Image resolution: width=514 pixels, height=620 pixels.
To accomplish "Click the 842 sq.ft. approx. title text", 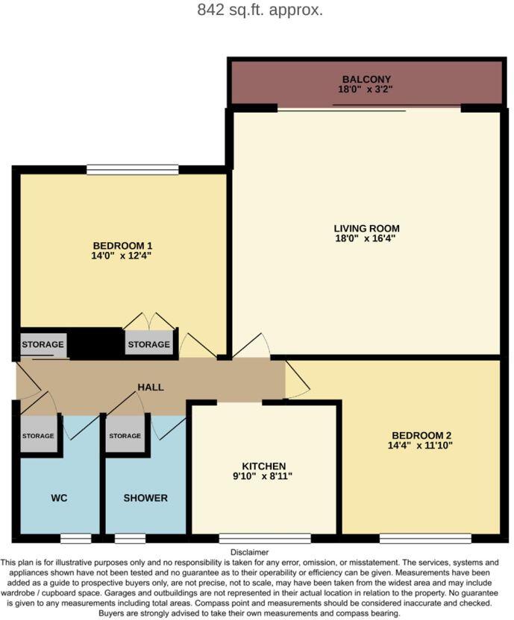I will tap(260, 10).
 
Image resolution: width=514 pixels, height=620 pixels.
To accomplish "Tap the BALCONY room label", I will tap(366, 79).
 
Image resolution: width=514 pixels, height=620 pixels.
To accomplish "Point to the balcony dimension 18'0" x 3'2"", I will tap(366, 89).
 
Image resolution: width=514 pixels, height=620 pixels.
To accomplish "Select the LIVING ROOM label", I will tap(366, 228).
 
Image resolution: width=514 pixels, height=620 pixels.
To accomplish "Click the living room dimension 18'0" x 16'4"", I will tap(366, 238).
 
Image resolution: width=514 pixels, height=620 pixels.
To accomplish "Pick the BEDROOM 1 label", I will tap(122, 245).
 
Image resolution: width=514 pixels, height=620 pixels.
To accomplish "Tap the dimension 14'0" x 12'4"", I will tap(122, 256).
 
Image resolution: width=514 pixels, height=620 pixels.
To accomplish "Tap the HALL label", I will tap(150, 387).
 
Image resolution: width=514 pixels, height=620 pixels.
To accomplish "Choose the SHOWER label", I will tap(145, 498).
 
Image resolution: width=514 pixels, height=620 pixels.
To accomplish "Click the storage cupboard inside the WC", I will tap(38, 437).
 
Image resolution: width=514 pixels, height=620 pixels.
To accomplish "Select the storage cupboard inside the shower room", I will tap(125, 437).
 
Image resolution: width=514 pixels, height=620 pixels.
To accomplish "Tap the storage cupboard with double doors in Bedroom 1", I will tap(148, 344).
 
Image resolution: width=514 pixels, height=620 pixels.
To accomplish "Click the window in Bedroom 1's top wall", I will tap(132, 169).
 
